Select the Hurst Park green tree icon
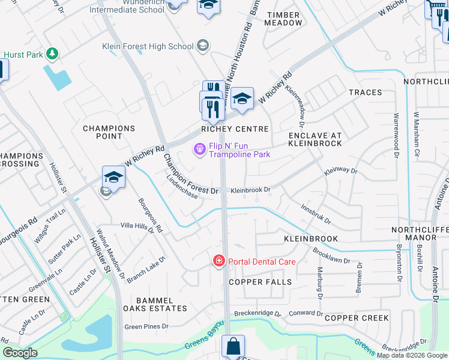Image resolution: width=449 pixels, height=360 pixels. click(x=53, y=54)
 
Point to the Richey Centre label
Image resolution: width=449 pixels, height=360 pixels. click(x=235, y=129)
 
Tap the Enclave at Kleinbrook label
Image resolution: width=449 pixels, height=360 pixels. click(x=315, y=139)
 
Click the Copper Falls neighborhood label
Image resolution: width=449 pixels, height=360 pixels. click(x=259, y=282)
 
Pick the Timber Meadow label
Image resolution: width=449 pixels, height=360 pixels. click(x=285, y=18)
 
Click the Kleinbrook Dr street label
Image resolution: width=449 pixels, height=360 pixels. click(x=251, y=190)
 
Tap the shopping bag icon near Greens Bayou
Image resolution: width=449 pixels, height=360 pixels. click(x=232, y=346)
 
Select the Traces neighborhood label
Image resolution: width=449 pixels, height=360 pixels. click(x=365, y=92)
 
